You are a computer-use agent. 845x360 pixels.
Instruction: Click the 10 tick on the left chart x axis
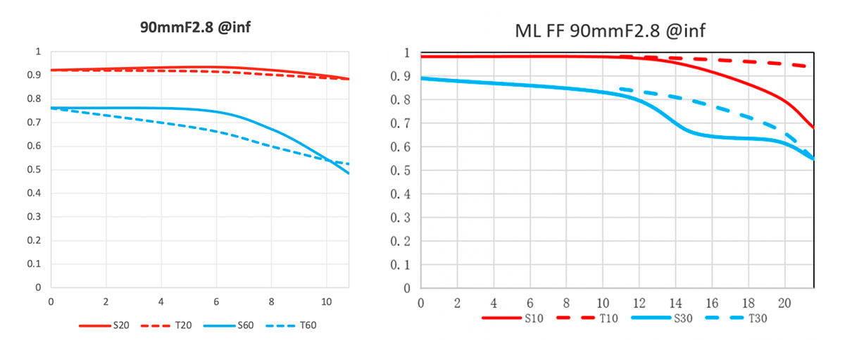pos(326,300)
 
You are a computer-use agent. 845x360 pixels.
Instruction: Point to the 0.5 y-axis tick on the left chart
pos(33,170)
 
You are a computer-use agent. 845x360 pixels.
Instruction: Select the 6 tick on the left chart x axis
pos(216,300)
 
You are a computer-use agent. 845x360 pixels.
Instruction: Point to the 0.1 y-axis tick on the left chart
pos(33,264)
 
